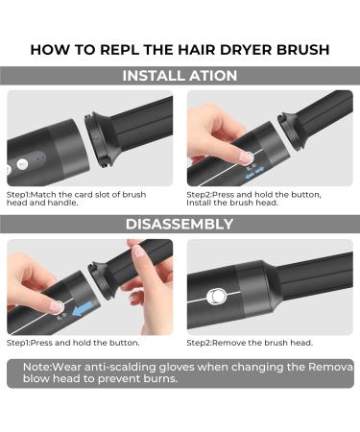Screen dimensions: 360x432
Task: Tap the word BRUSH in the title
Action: [x=302, y=50]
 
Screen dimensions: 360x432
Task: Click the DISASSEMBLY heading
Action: [x=180, y=224]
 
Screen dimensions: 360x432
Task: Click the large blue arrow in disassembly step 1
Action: [x=83, y=309]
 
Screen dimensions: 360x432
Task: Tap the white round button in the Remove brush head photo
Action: [x=216, y=297]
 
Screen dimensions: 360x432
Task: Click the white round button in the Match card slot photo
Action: [x=22, y=164]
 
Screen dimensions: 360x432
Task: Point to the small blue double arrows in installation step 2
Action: [x=254, y=177]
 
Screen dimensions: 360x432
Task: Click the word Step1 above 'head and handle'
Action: [x=18, y=195]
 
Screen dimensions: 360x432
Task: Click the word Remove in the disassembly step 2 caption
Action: [x=228, y=343]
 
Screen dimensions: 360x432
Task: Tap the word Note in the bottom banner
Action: [x=36, y=367]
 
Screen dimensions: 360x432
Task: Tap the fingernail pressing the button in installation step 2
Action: [x=245, y=156]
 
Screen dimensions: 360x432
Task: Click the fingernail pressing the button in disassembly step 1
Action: [x=57, y=306]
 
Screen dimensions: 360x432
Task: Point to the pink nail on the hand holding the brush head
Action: [x=139, y=252]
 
